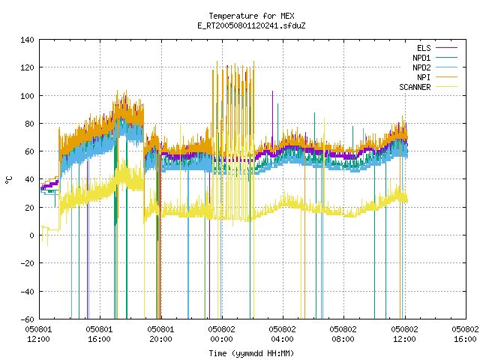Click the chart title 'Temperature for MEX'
tap(251, 16)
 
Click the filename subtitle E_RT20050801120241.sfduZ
tap(251, 25)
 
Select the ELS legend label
tap(424, 48)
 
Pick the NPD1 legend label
tap(421, 58)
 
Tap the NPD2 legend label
tap(421, 67)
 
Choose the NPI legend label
tap(424, 77)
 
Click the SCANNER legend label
tap(415, 87)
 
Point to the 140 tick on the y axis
tap(27, 40)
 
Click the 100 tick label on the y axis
tap(27, 96)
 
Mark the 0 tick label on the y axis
tap(31, 235)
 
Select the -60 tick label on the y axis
tap(27, 319)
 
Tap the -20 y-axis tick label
tap(27, 263)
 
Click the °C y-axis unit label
tap(9, 180)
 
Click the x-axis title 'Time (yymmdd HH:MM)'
tap(251, 353)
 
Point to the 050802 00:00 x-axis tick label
tap(222, 334)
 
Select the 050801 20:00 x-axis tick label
tap(160, 334)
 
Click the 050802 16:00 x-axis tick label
tap(465, 334)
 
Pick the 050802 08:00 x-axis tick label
tap(343, 334)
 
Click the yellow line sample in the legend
tap(447, 87)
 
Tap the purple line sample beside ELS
tap(447, 48)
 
